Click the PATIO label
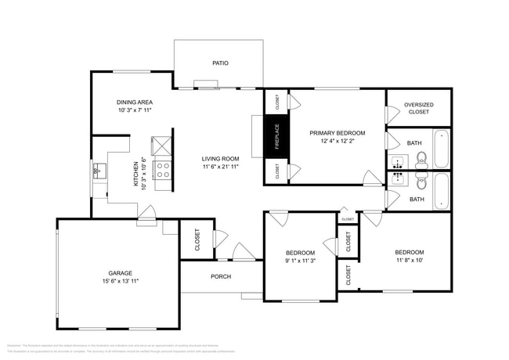tap(220, 63)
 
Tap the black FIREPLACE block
tap(276, 138)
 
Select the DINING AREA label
tap(134, 103)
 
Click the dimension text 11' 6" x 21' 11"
tap(220, 166)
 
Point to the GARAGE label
tap(120, 273)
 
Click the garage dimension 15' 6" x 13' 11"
tap(120, 281)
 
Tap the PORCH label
tap(220, 276)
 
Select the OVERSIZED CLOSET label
tap(418, 108)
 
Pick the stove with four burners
tap(164, 171)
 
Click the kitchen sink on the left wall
tap(99, 170)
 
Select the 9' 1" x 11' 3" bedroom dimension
tap(300, 261)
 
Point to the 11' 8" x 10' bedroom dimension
tap(409, 261)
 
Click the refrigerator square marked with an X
tap(163, 146)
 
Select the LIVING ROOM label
tap(220, 158)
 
